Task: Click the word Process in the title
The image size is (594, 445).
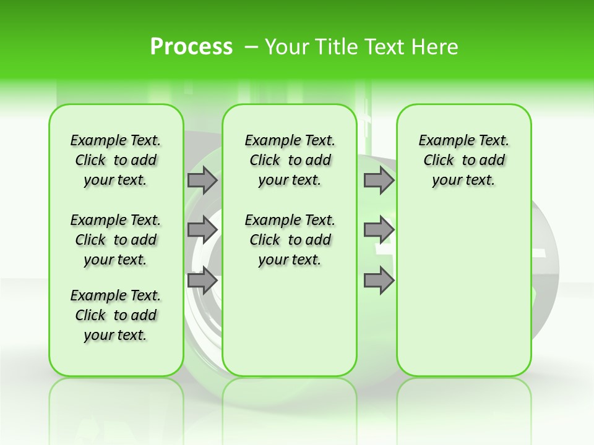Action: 191,46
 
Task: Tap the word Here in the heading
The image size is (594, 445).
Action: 436,47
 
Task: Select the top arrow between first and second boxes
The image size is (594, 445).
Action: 202,180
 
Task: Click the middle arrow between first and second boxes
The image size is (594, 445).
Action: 202,230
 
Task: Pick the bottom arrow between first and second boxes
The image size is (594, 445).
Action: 202,281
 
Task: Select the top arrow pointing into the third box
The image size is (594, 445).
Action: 379,180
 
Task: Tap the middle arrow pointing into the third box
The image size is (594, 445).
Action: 379,230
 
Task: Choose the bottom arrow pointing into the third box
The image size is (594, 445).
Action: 379,281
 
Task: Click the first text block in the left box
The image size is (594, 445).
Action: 116,160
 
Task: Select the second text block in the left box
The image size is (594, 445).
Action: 116,240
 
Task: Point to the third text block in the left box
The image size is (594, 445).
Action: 116,315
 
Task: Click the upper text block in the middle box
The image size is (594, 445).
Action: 290,160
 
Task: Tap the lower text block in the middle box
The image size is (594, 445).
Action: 290,240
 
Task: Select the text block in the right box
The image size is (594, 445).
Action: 463,160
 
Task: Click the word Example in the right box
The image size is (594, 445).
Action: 442,141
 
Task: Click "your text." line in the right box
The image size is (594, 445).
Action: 463,180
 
